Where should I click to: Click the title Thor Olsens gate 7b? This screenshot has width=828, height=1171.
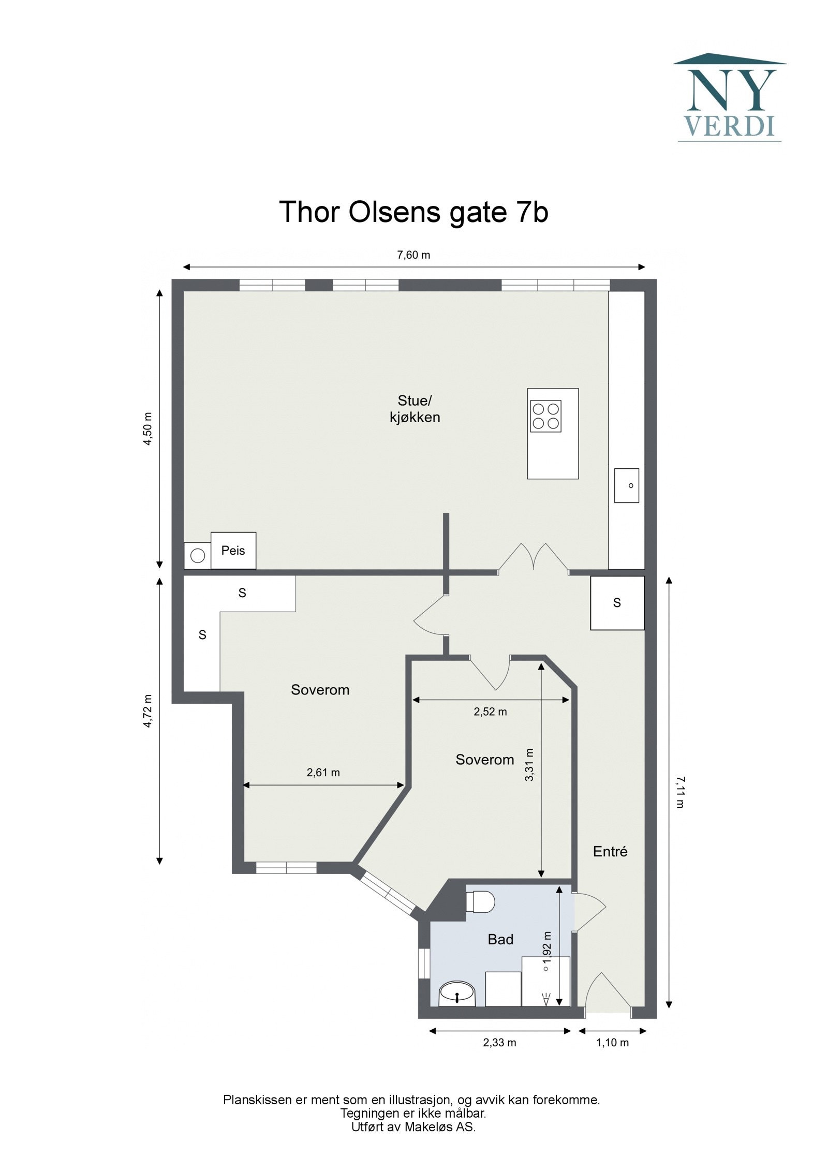[x=413, y=212]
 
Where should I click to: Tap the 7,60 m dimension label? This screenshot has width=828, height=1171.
[x=413, y=255]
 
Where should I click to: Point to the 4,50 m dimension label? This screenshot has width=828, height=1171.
[x=149, y=428]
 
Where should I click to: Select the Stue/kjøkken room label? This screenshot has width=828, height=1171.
[x=415, y=409]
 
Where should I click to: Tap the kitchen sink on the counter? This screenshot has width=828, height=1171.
[x=626, y=485]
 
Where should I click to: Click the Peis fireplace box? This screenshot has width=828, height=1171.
[x=233, y=551]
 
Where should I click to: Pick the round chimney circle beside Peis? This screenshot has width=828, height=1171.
[x=198, y=556]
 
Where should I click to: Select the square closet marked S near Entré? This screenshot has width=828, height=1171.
[x=617, y=603]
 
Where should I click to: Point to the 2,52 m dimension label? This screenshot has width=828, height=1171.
[x=490, y=712]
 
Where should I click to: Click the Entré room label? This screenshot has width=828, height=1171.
[x=610, y=851]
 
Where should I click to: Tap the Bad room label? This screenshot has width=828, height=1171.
[x=500, y=939]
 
